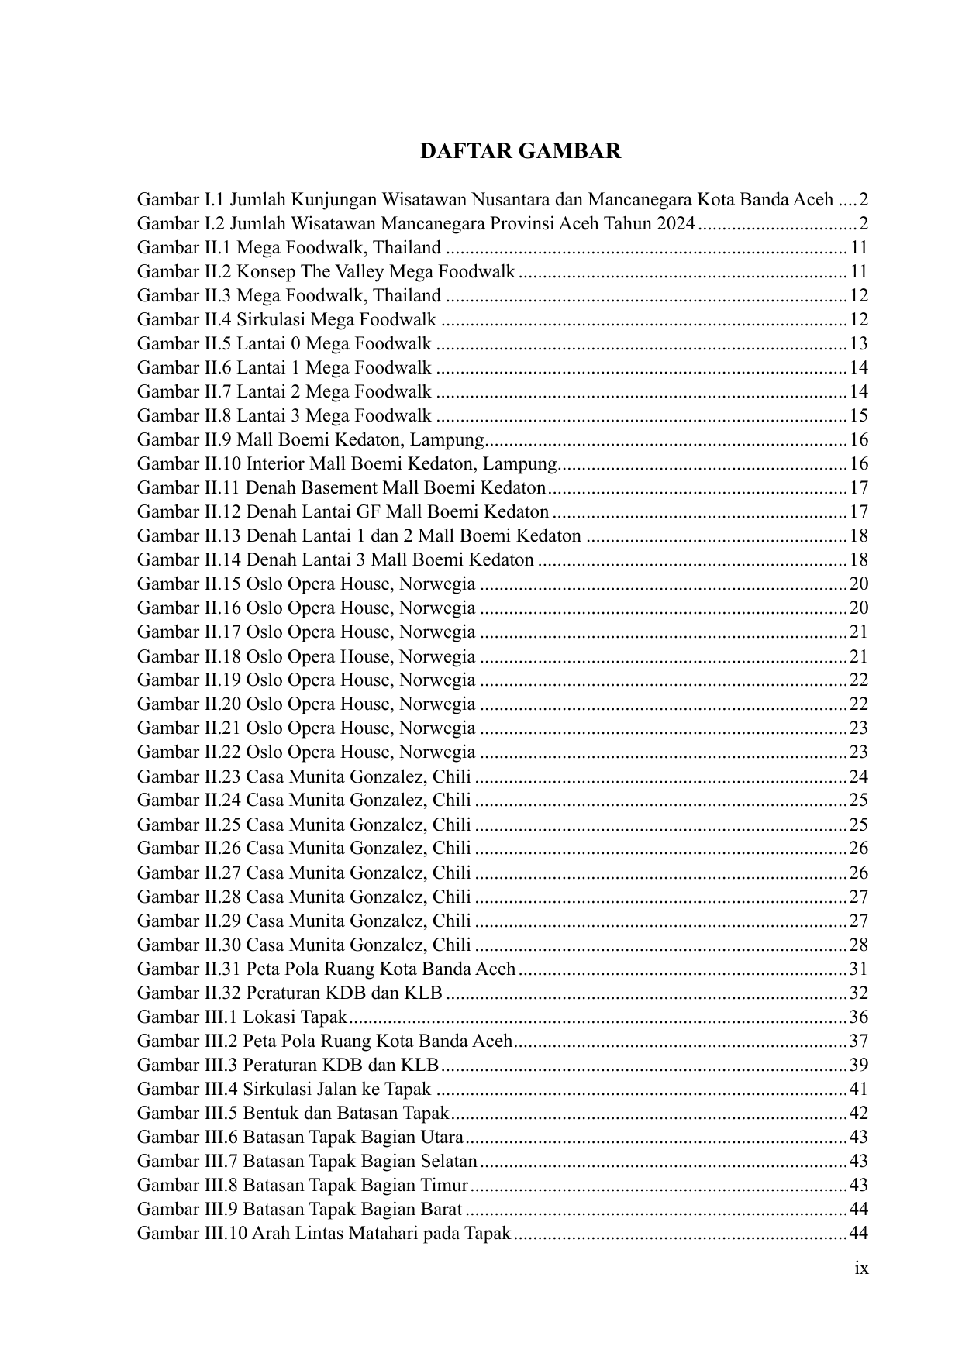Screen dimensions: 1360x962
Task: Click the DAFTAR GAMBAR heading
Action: point(520,151)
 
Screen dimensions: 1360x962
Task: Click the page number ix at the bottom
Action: point(860,1269)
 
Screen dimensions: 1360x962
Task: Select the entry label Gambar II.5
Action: point(184,343)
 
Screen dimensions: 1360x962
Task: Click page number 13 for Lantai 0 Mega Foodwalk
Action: point(858,343)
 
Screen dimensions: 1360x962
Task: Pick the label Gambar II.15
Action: point(189,584)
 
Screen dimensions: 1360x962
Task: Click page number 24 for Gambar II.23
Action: point(858,776)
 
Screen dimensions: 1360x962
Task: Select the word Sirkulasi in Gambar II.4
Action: point(272,319)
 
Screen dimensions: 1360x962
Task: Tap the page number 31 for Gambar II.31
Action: point(858,969)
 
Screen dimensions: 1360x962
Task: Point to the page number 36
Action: point(858,1017)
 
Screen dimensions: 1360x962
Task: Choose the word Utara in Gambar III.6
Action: point(443,1137)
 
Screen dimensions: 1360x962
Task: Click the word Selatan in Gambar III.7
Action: point(450,1161)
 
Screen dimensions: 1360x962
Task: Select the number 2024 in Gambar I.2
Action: point(675,223)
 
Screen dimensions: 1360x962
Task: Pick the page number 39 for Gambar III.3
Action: point(858,1065)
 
